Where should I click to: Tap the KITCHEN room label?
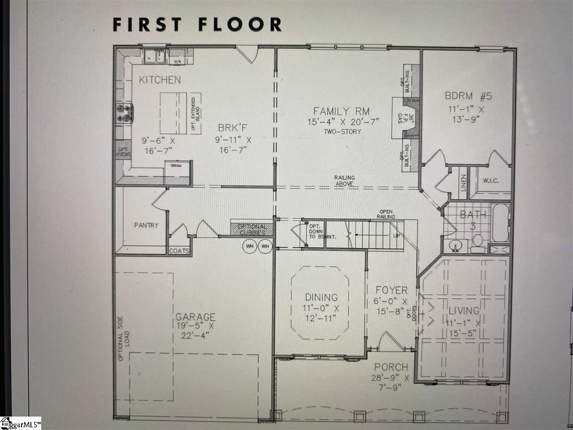click(x=160, y=80)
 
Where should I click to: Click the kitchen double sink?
click(x=154, y=57)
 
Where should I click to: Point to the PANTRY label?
click(x=146, y=225)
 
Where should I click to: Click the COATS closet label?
click(x=179, y=251)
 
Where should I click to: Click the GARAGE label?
click(x=195, y=317)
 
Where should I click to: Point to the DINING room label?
click(x=321, y=297)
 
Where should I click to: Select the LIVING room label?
click(x=464, y=310)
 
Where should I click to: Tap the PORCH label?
click(x=391, y=367)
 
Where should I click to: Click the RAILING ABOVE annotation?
click(x=344, y=181)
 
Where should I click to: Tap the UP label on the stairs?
click(x=396, y=235)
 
